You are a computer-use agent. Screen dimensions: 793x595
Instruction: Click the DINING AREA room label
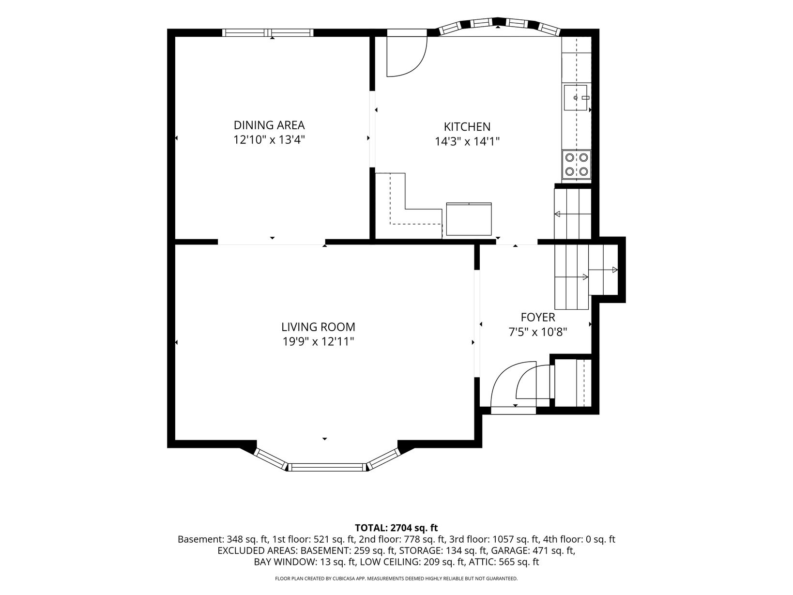tap(269, 125)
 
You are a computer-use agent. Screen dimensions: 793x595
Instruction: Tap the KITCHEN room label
tap(467, 127)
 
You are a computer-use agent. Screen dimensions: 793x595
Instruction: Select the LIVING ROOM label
tap(318, 327)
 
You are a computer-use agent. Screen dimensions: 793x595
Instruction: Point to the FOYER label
tap(537, 317)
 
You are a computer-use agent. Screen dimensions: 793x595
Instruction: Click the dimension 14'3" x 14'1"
tap(467, 141)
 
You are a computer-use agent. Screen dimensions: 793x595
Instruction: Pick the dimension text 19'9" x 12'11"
tap(318, 341)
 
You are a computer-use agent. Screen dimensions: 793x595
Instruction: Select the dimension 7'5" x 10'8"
tap(537, 332)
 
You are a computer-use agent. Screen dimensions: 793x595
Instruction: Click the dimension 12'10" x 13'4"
tap(269, 139)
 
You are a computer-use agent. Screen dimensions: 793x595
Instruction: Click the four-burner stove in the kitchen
tap(576, 165)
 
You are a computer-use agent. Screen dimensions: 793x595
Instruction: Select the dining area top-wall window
tap(268, 33)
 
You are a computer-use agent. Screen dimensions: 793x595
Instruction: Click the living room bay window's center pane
tap(327, 467)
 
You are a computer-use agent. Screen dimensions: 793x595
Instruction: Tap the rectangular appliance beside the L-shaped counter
tap(469, 219)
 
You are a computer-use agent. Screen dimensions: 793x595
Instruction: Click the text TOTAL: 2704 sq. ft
tap(396, 528)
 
